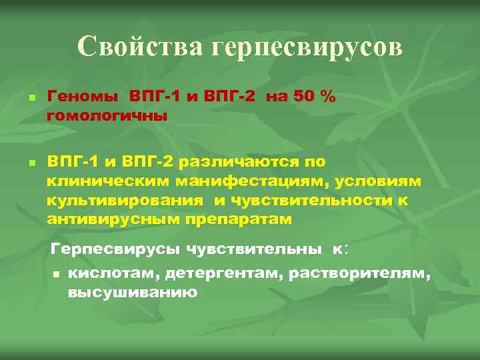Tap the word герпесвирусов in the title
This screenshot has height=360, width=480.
pos(307,47)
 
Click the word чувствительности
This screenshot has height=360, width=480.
pos(313,200)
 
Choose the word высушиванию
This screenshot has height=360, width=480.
pos(132,292)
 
